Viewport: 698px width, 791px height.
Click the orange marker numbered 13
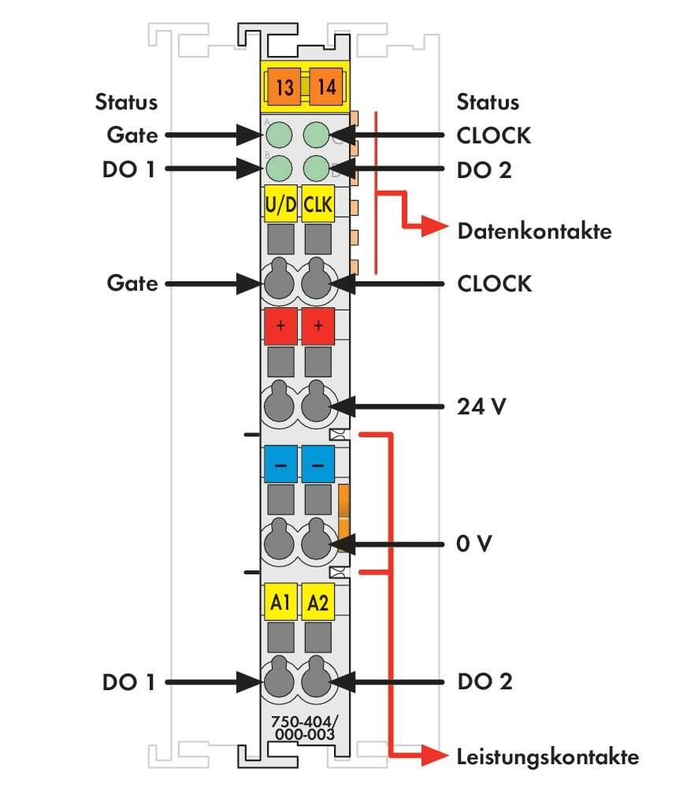pos(284,87)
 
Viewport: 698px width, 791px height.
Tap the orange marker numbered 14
pos(326,87)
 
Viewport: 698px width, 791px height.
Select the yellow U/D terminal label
pos(280,204)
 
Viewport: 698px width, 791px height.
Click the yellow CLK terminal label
pos(317,204)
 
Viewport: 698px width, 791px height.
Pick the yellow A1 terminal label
pos(280,601)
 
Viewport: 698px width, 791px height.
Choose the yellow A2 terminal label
pos(317,601)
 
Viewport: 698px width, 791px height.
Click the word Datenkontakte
pos(534,231)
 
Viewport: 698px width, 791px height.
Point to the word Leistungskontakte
pos(548,756)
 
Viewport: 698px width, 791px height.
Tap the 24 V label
pos(481,406)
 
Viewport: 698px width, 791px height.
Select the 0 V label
pos(473,544)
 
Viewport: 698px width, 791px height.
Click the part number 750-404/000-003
pos(305,728)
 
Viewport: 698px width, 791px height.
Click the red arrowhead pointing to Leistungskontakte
pos(434,756)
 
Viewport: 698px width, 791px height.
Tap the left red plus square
pos(280,326)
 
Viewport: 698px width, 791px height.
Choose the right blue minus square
pos(317,464)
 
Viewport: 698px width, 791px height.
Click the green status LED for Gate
pos(279,136)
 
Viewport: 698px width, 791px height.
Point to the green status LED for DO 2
pos(317,168)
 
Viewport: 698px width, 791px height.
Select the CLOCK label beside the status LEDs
pos(494,136)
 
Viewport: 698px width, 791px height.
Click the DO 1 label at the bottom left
pos(128,682)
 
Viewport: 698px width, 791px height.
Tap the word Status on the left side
pos(127,102)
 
